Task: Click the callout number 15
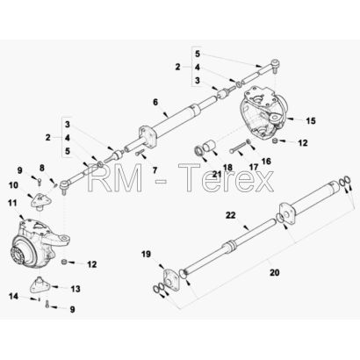coord(311,120)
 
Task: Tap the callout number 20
coord(275,273)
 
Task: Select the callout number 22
coord(231,215)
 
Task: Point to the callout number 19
coord(146,254)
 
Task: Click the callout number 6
coord(155,102)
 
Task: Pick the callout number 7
coord(155,170)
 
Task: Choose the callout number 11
coord(13,203)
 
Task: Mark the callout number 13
coord(76,289)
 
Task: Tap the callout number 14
coord(13,297)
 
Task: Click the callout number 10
coord(13,185)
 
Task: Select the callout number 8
coord(42,168)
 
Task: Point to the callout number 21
coord(217,175)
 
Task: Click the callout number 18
coord(227,168)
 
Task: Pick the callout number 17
coord(254,167)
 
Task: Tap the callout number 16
coord(266,161)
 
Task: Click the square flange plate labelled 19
coord(169,280)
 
